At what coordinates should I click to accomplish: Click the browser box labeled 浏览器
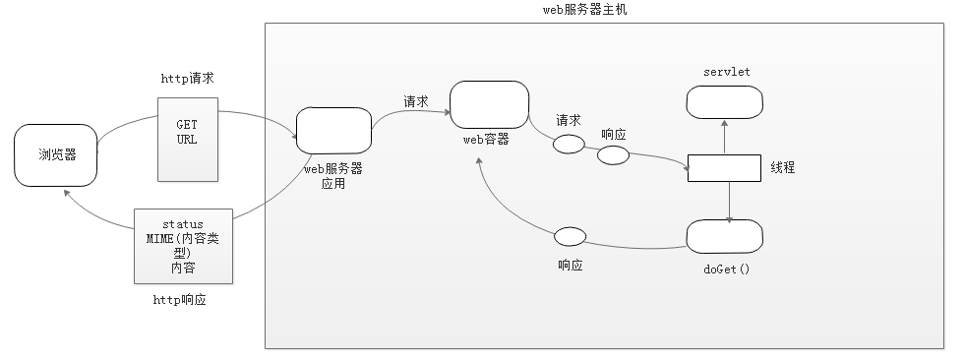56,155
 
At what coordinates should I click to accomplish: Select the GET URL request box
187,139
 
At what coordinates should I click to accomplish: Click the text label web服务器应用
333,176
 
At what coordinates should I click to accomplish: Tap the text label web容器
486,140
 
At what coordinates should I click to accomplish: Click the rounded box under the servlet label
724,101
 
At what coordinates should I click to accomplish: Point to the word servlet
727,72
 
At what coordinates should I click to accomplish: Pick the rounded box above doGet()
724,236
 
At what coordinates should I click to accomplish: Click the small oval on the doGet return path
571,237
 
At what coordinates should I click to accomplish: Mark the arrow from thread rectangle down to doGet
729,202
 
